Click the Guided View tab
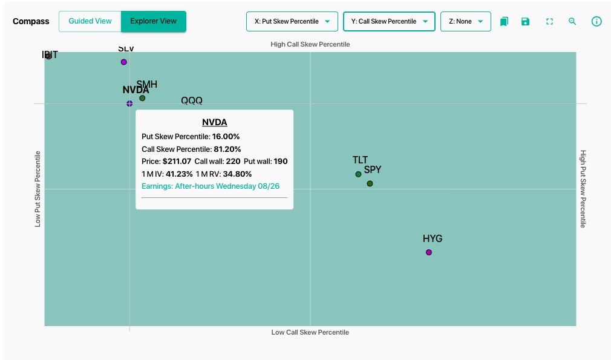coord(90,21)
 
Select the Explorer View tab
coord(154,21)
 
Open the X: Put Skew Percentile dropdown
coord(292,21)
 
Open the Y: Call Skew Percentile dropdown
coord(389,21)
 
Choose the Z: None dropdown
coord(466,21)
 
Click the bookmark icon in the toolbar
coord(505,21)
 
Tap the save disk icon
coord(525,21)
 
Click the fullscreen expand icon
coord(549,21)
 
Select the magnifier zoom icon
coord(572,21)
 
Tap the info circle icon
coord(596,21)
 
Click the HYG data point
coord(429,252)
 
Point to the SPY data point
coord(370,183)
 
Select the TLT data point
coord(358,174)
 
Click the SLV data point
coord(123,62)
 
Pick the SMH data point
coord(142,98)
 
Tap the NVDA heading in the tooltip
coord(214,122)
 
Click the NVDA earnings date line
coord(211,186)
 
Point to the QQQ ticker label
coord(192,100)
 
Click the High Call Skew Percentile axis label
coord(310,44)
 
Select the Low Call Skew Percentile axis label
coord(310,332)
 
